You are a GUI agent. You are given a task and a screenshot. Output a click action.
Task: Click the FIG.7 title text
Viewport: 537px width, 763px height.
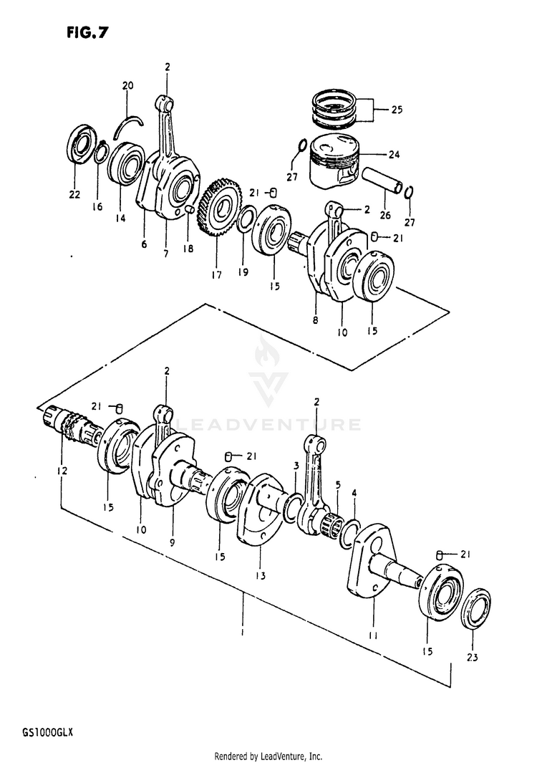(x=87, y=32)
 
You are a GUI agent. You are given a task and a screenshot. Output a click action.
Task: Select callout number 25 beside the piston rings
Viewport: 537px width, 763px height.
(x=397, y=110)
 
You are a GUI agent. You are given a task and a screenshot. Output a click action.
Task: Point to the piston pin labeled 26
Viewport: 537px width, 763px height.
(x=383, y=181)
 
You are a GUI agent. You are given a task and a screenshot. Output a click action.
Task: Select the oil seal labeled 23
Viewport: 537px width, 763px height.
(x=475, y=608)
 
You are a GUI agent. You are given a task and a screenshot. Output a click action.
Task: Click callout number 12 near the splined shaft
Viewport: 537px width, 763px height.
(x=62, y=471)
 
